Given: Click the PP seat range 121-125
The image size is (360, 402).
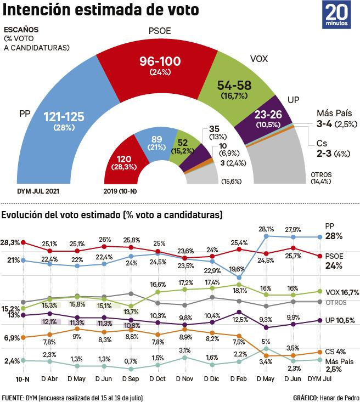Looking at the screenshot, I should tap(64, 116).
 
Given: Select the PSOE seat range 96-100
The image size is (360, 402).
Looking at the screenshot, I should tap(160, 62).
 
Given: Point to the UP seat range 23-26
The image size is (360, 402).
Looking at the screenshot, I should tap(269, 116).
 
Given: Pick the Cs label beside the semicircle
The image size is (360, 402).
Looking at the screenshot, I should tap(323, 143).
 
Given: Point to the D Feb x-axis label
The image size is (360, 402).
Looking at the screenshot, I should tap(238, 379).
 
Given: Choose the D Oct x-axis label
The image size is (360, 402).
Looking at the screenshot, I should tap(157, 379).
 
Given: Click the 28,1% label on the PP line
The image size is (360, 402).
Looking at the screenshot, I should tap(266, 229).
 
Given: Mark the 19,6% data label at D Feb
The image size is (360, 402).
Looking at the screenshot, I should tap(237, 269).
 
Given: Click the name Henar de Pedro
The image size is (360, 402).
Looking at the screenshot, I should tap(337, 397).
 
